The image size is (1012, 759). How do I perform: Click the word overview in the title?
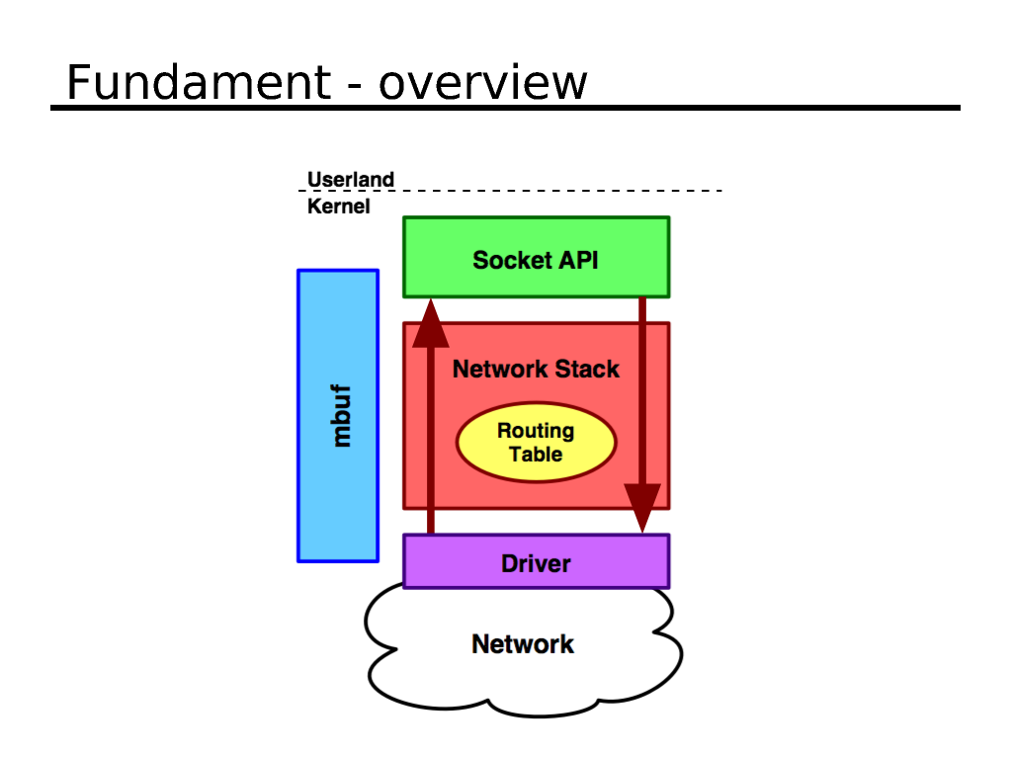tap(483, 84)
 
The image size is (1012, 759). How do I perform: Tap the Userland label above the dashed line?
tap(351, 179)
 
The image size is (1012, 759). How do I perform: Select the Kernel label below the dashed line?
tap(338, 207)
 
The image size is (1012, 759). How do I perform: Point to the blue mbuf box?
tap(338, 415)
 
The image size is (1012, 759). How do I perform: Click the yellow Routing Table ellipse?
tap(536, 443)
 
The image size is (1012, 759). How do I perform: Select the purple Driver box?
tap(536, 562)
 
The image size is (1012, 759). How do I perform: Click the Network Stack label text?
tap(536, 369)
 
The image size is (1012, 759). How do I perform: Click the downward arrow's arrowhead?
tap(642, 508)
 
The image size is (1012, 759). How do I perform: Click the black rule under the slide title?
tap(505, 107)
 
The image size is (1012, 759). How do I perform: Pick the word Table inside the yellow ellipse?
tap(536, 455)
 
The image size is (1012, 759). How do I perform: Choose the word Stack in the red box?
tap(587, 369)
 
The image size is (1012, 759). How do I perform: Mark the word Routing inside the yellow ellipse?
tap(536, 431)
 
